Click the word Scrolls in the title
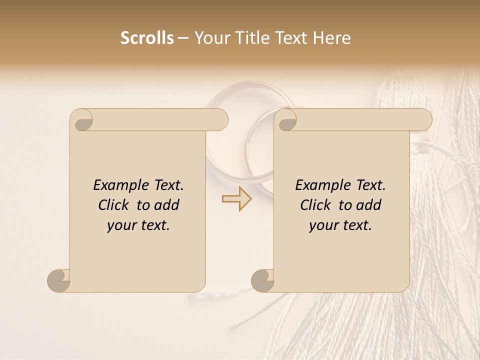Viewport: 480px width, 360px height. coord(147,38)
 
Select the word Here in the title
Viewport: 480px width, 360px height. coord(332,38)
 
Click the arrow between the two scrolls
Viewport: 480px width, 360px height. coord(236,198)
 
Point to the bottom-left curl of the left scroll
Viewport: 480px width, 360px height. coord(59,280)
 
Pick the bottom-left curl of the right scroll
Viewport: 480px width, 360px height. coord(263,280)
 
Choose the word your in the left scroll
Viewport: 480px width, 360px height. coord(120,225)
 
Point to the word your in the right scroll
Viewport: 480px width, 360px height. coord(322,225)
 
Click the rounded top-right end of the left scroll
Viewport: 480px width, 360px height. coord(220,120)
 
